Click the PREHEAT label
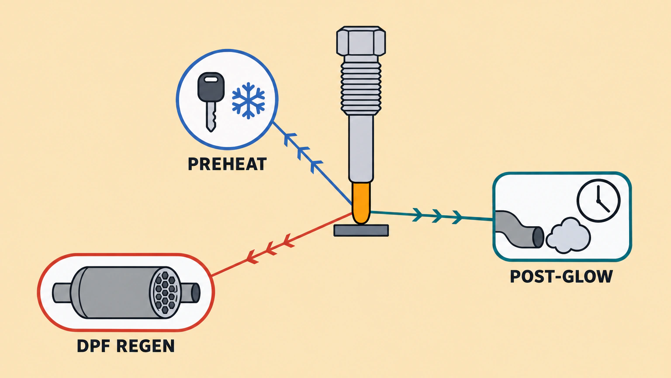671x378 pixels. (227, 164)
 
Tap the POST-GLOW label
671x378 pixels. (561, 276)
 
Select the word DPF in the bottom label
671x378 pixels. (93, 346)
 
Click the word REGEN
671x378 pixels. (145, 346)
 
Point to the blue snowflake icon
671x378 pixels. (248, 101)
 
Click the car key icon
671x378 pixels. (211, 102)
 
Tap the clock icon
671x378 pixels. (598, 200)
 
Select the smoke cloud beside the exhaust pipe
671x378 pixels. (567, 235)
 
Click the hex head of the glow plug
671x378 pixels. (361, 41)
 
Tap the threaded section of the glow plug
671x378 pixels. (361, 85)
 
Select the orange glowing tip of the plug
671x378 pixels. (361, 203)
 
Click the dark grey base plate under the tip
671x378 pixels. (361, 231)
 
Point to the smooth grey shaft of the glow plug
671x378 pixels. (361, 149)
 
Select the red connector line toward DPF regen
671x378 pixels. (282, 244)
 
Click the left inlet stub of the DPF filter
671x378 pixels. (62, 293)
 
